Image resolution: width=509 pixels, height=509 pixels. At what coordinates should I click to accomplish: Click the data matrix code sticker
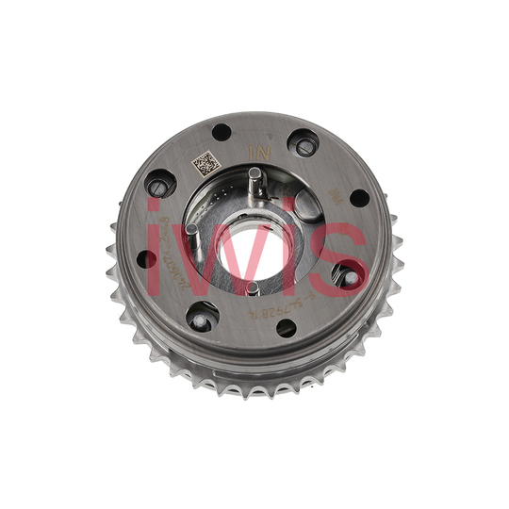(x=206, y=165)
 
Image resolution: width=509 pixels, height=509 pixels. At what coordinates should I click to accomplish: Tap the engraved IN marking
(x=254, y=149)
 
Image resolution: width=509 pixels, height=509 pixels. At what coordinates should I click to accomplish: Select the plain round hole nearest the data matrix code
(x=222, y=132)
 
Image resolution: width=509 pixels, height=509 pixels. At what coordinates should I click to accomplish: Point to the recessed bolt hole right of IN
(x=304, y=144)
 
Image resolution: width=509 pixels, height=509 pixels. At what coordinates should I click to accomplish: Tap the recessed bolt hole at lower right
(x=350, y=277)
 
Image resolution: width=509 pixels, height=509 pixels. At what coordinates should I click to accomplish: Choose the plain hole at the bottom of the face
(x=287, y=327)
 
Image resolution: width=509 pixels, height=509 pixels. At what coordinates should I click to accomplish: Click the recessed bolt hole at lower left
(x=200, y=319)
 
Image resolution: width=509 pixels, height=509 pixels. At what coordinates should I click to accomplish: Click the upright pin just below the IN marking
(x=254, y=178)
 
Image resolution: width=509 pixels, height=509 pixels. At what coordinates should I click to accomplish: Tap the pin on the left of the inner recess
(x=191, y=228)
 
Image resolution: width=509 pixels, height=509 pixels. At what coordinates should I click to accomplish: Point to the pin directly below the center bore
(x=251, y=287)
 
